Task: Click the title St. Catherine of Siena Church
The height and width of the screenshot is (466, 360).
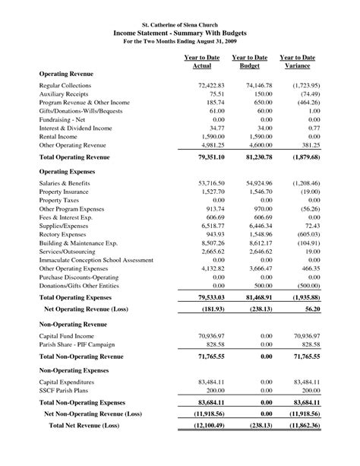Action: [x=180, y=27]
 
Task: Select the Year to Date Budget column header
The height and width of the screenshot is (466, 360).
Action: [x=249, y=62]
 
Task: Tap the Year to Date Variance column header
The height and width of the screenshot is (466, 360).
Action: [x=297, y=62]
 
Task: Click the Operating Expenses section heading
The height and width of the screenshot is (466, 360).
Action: [x=69, y=173]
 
